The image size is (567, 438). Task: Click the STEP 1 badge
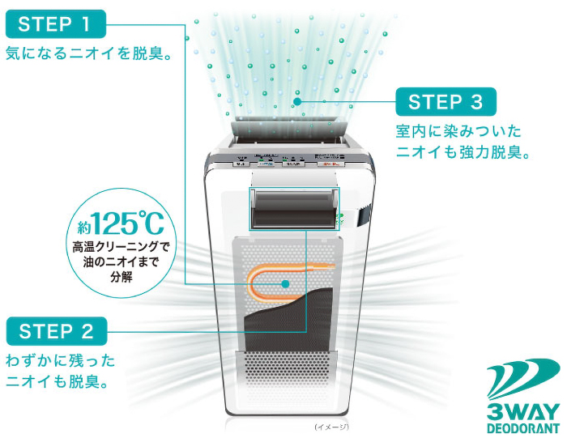pyautogui.click(x=55, y=23)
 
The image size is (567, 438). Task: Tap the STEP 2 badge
pyautogui.click(x=55, y=330)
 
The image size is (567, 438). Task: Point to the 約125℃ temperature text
pyautogui.click(x=120, y=221)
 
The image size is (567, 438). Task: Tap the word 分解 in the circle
pyautogui.click(x=122, y=276)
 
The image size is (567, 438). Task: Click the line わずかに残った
pyautogui.click(x=61, y=360)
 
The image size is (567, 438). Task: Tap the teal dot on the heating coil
pyautogui.click(x=285, y=283)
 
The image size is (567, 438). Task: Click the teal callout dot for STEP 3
pyautogui.click(x=297, y=102)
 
